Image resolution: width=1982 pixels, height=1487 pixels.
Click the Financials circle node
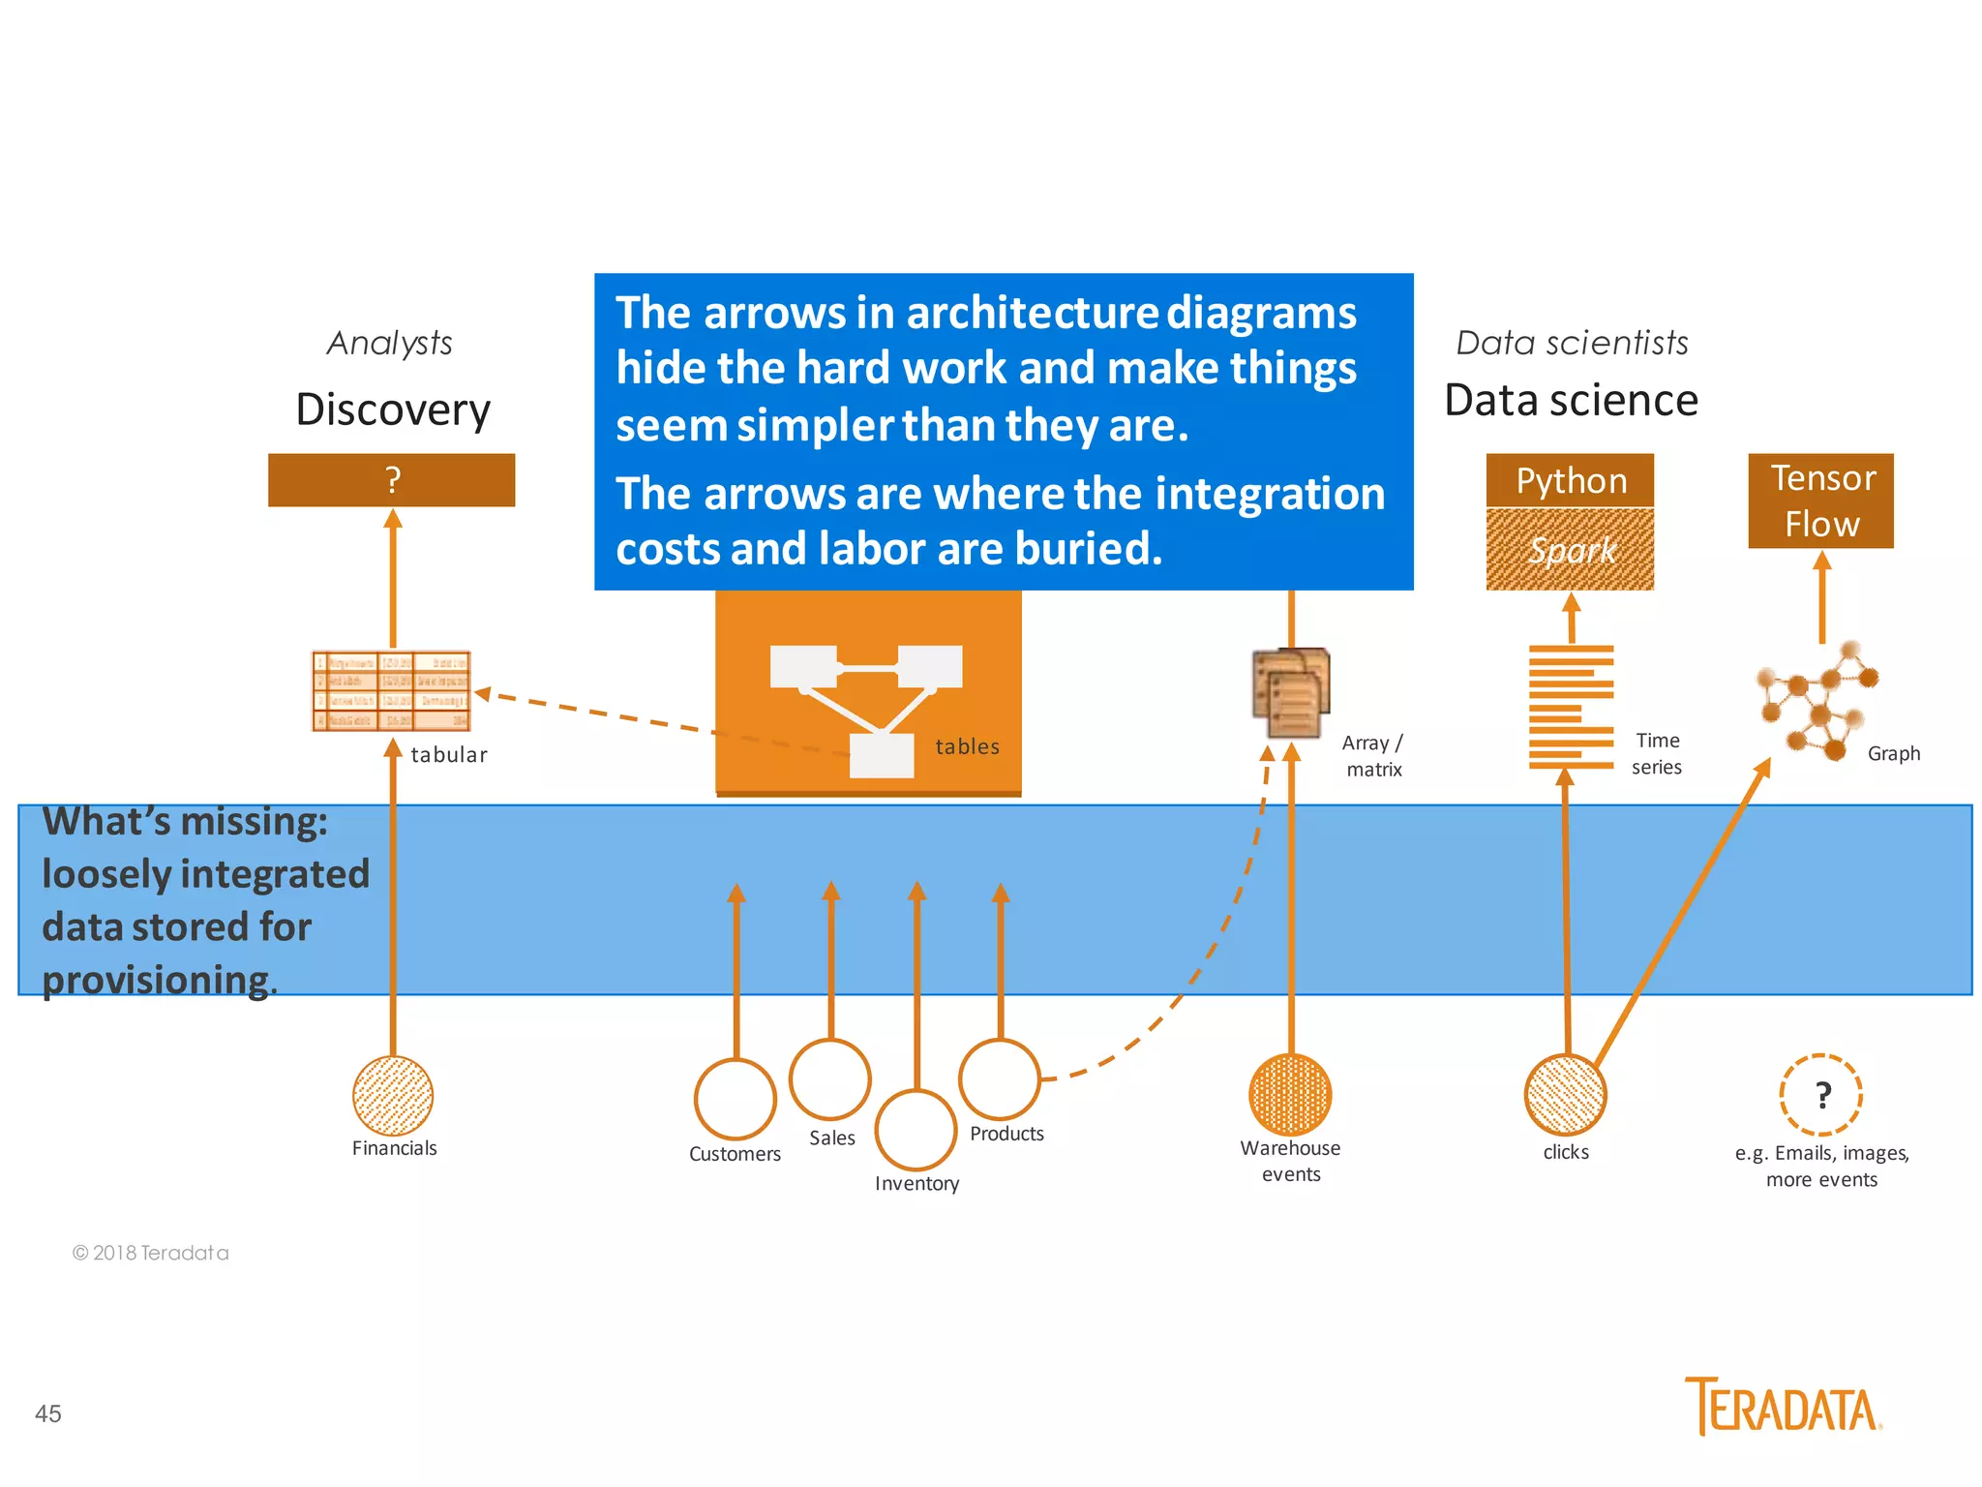pos(393,1095)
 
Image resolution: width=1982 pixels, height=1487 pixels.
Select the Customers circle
pos(736,1099)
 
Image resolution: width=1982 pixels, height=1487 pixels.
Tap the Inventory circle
pos(916,1130)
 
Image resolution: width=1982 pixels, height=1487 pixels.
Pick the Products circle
pos(1000,1078)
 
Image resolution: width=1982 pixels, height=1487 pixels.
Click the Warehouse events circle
pos(1290,1095)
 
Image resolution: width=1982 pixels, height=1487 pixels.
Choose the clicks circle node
pos(1565,1095)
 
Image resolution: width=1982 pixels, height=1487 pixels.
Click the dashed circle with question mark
pos(1821,1095)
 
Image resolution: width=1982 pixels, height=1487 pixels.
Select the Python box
pos(1570,480)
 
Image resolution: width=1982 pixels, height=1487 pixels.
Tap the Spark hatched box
pos(1570,549)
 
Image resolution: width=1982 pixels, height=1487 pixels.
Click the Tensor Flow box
pos(1820,501)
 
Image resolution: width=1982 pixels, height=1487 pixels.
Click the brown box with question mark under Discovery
pos(392,480)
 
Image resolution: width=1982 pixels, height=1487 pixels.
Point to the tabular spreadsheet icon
pos(392,690)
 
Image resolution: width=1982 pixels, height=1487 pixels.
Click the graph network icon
pos(1816,700)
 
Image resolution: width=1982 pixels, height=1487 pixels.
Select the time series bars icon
pos(1571,706)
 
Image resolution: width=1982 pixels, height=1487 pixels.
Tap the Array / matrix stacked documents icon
pos(1291,692)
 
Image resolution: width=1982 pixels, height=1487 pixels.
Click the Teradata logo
pos(1783,1407)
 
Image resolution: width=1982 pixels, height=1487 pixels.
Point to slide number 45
pos(48,1413)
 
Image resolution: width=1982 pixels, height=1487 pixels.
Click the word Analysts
pos(389,343)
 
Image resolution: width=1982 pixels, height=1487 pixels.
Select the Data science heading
pos(1571,400)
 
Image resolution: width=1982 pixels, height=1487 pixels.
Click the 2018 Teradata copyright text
pos(151,1253)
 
